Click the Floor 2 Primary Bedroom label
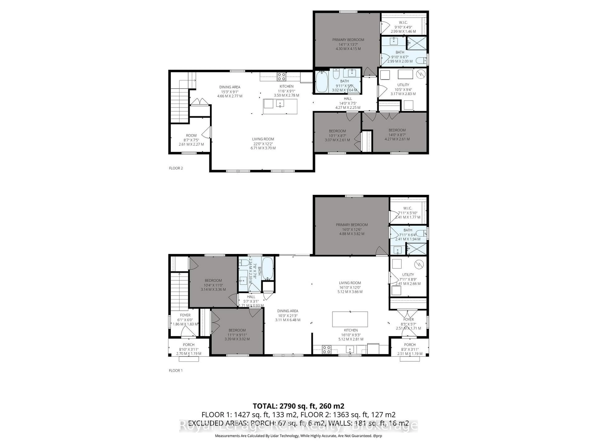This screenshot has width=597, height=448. tap(348, 40)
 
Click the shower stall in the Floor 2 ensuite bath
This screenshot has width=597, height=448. tap(417, 43)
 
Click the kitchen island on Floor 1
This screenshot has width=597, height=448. tap(350, 319)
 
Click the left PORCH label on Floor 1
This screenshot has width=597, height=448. tap(188, 345)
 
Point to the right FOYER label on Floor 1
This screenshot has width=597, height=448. tap(408, 320)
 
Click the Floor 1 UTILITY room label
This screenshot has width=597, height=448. tap(408, 275)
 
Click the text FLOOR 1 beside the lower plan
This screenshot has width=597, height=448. tap(176, 371)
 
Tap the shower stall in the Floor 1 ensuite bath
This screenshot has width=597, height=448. tap(417, 249)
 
